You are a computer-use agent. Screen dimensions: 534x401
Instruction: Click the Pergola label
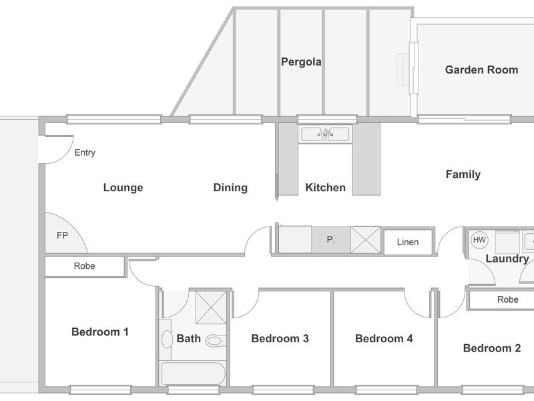301,62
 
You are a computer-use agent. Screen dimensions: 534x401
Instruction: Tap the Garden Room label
481,70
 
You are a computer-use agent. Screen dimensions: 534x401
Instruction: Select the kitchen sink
325,134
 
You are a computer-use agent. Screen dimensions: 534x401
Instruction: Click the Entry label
85,152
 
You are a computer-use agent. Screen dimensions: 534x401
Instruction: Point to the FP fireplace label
62,235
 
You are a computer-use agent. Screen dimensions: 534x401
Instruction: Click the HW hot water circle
479,240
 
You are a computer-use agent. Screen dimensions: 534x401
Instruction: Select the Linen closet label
408,242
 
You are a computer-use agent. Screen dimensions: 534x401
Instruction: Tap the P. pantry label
330,240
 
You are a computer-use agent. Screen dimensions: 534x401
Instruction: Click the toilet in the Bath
215,341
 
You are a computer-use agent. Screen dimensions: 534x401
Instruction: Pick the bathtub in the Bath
193,374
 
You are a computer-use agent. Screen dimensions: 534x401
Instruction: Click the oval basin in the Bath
167,340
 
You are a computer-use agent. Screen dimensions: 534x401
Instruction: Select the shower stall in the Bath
211,307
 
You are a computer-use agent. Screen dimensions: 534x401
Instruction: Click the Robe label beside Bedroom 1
85,266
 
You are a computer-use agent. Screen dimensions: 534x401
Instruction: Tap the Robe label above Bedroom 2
508,299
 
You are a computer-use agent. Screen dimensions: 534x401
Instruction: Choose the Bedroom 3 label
280,339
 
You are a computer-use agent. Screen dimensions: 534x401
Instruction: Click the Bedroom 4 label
384,339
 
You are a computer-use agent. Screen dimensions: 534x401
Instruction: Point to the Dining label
230,188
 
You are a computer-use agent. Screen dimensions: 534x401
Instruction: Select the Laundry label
507,259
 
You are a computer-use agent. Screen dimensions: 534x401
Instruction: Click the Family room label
463,174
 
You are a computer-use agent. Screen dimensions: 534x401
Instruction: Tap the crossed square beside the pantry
366,240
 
